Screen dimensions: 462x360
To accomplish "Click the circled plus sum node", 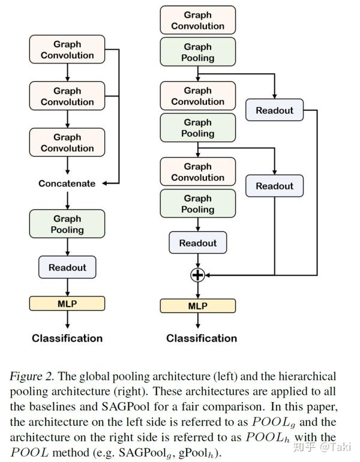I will (x=197, y=275).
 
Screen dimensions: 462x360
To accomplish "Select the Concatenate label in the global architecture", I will (x=67, y=184).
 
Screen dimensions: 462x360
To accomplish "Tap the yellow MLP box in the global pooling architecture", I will (x=67, y=303).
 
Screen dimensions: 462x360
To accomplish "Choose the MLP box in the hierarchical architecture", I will (x=197, y=306).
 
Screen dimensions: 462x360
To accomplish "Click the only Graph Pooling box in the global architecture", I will (x=67, y=224).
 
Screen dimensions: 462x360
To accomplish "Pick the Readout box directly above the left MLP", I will (x=67, y=268).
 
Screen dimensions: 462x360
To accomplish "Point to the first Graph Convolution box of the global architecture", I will (x=67, y=50).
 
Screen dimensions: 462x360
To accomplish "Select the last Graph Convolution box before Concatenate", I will (x=67, y=143).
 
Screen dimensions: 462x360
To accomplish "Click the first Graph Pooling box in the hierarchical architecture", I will (x=197, y=52).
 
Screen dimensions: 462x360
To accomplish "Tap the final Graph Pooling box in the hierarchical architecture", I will (x=197, y=204).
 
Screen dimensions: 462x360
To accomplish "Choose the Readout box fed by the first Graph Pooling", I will (x=274, y=110).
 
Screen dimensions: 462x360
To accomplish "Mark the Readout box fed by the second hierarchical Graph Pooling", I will (x=274, y=186).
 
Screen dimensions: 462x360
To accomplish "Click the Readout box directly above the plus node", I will (x=197, y=243).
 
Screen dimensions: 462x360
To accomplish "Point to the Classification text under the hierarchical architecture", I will (x=202, y=338).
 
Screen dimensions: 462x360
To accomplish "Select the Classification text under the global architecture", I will (x=67, y=338).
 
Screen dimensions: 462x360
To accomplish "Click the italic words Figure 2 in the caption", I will (x=33, y=376).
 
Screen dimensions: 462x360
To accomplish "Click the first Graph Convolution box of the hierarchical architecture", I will (x=197, y=20).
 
